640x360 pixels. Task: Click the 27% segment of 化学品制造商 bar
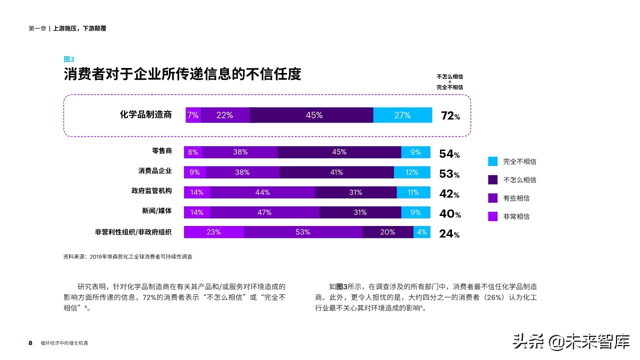[402, 115]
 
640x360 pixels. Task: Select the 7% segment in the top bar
[193, 115]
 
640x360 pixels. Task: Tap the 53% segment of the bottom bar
[303, 232]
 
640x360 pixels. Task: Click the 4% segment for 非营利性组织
[421, 232]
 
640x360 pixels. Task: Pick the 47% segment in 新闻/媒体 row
[264, 212]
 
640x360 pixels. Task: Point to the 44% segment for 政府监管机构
[262, 192]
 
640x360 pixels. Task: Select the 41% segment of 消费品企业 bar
[336, 172]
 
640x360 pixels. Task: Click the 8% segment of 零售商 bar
[193, 152]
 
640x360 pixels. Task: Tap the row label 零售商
[161, 151]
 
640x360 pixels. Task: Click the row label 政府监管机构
[151, 191]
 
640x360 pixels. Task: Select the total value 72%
[450, 116]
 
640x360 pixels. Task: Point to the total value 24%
[449, 234]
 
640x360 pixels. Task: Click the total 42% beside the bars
[449, 194]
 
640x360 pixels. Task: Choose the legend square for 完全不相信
[492, 161]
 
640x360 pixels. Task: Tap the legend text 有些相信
[516, 198]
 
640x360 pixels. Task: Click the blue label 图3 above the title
[68, 59]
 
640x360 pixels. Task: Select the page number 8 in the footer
[30, 343]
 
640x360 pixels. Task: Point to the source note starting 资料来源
[127, 256]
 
